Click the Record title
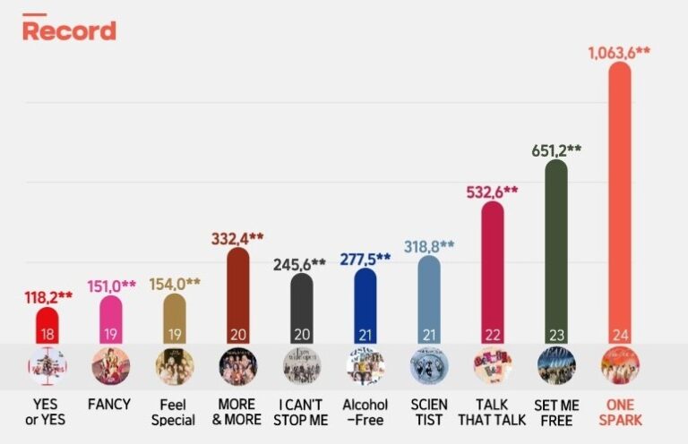69,30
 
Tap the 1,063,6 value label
619,52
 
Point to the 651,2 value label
556,149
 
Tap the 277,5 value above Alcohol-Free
365,259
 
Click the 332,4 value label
237,238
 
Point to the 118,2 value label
47,297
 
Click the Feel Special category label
174,412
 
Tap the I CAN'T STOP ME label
302,412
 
